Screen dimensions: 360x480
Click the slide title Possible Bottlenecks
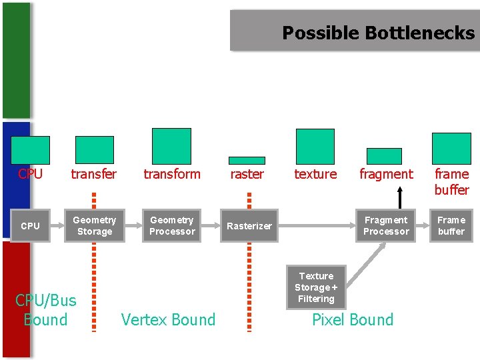pyautogui.click(x=378, y=33)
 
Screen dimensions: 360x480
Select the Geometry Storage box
pyautogui.click(x=94, y=226)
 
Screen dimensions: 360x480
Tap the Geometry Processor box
pyautogui.click(x=172, y=226)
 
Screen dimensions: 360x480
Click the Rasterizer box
pyautogui.click(x=249, y=226)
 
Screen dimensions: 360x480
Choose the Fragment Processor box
pyautogui.click(x=386, y=226)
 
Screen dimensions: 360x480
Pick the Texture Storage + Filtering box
pyautogui.click(x=316, y=287)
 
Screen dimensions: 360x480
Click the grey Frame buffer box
pyautogui.click(x=451, y=226)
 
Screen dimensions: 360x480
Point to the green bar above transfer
pyautogui.click(x=95, y=149)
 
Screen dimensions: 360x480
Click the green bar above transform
pyautogui.click(x=171, y=146)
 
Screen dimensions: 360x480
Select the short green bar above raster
pyautogui.click(x=247, y=160)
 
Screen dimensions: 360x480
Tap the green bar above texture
pyautogui.click(x=315, y=146)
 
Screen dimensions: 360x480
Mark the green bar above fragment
pyautogui.click(x=385, y=156)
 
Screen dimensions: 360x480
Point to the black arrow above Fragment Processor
pyautogui.click(x=400, y=197)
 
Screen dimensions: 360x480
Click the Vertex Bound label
pyautogui.click(x=169, y=320)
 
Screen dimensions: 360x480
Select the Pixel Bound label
pyautogui.click(x=353, y=320)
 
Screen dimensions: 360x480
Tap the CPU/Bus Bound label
pyautogui.click(x=45, y=310)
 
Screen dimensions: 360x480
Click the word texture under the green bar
pyautogui.click(x=315, y=175)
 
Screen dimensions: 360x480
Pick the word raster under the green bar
pyautogui.click(x=247, y=175)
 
